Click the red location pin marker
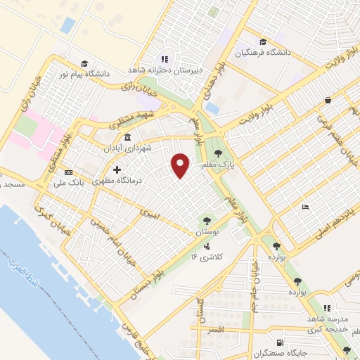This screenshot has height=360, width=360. click(181, 165)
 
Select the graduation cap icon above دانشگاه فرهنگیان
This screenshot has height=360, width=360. click(262, 41)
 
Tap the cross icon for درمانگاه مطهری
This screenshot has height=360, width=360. click(117, 169)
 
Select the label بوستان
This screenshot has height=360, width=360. click(208, 231)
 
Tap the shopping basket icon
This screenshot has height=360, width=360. click(328, 101)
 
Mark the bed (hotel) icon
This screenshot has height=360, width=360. click(304, 207)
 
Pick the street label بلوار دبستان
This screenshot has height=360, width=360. click(148, 282)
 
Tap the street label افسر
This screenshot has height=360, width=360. click(216, 328)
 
